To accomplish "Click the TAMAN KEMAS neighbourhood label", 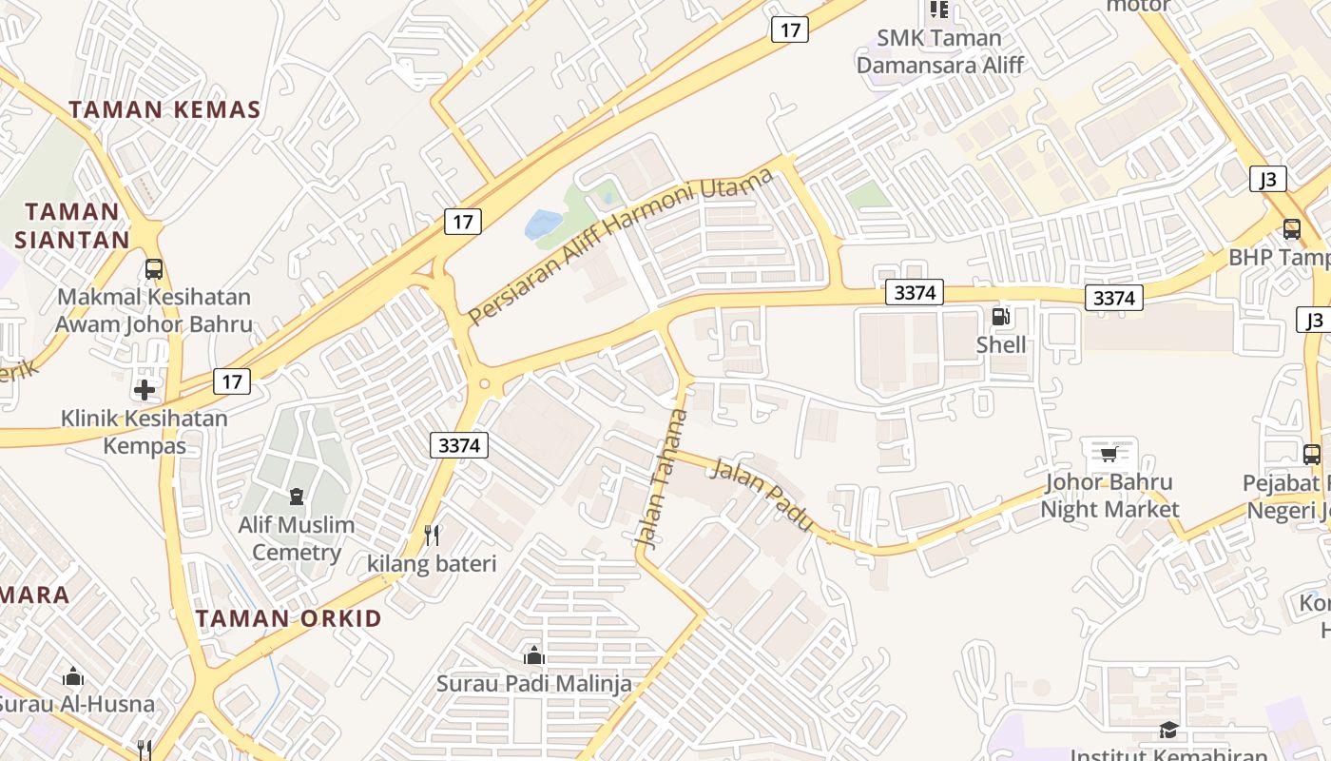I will (164, 109).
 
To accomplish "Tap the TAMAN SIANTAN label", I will (72, 225).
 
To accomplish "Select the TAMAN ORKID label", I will (289, 618).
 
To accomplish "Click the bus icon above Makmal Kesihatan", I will (154, 269).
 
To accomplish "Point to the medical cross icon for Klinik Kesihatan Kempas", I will (145, 390).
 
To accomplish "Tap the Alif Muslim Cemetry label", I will (296, 538).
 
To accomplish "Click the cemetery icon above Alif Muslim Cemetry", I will (297, 497).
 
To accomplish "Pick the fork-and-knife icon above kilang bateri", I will (433, 535).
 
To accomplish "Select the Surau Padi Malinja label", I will (533, 683).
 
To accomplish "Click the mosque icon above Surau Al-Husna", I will (73, 677).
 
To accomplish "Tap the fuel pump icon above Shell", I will (1000, 317).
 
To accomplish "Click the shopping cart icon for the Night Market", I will (1109, 453).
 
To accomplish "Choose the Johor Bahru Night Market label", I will (1109, 496).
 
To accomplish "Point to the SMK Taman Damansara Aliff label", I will (940, 51).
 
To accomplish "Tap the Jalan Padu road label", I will (762, 494).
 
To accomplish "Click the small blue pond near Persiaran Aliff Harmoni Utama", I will (543, 225).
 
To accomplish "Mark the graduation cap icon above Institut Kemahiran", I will (1168, 730).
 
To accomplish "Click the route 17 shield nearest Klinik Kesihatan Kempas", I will (232, 381).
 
